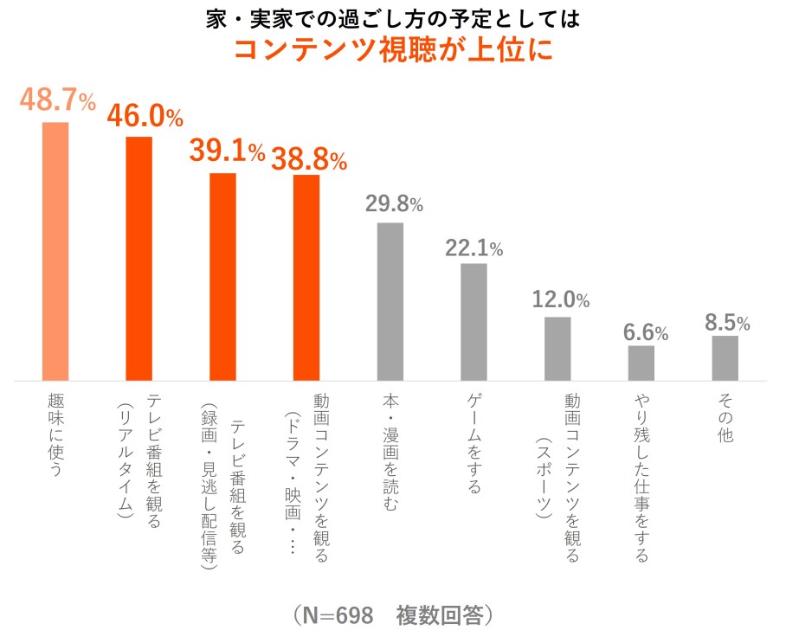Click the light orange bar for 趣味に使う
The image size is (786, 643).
(x=55, y=251)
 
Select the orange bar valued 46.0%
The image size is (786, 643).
(x=139, y=259)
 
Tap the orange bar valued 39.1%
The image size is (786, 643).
(x=223, y=277)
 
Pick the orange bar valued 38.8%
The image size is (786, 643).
(x=306, y=278)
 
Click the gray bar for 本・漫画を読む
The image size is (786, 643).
(x=390, y=301)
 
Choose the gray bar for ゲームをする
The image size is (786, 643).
(x=474, y=322)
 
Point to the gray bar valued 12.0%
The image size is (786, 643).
(x=557, y=349)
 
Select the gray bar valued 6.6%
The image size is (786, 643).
(x=641, y=363)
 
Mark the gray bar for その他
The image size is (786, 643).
(x=725, y=358)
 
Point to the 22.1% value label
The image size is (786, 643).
(x=474, y=248)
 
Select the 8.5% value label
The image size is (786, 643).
(x=726, y=324)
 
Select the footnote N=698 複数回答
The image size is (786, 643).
(x=392, y=615)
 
